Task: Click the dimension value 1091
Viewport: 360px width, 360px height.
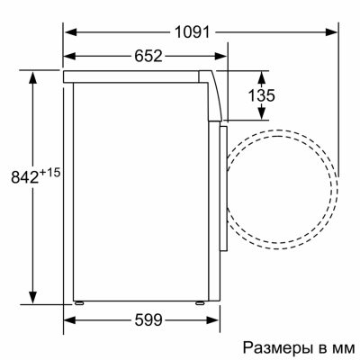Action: (x=193, y=31)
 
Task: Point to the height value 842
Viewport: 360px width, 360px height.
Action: (x=21, y=179)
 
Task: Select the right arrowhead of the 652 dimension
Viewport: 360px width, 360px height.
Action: (x=222, y=57)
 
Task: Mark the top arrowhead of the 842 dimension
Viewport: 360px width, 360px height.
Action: (x=33, y=70)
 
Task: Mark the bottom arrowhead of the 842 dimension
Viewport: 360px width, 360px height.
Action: (x=33, y=300)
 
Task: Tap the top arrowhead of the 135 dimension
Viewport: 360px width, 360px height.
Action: (x=262, y=70)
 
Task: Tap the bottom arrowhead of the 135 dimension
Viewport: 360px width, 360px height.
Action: (x=262, y=116)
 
